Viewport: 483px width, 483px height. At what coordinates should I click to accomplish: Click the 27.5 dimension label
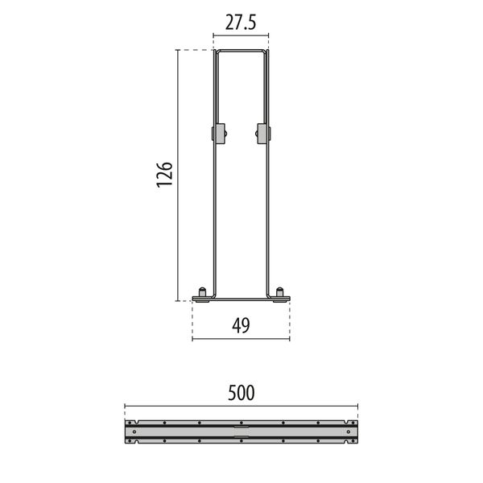coord(240,23)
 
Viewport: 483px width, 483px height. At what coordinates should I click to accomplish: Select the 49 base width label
coord(240,325)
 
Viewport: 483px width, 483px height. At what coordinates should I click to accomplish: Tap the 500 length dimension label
coord(240,393)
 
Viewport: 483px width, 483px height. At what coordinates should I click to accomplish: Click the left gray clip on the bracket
coord(218,133)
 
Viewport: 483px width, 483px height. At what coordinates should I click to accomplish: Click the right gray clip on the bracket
coord(262,133)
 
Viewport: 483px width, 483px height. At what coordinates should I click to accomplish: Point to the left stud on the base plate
coord(202,291)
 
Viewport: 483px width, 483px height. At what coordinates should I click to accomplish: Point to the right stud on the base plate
coord(279,291)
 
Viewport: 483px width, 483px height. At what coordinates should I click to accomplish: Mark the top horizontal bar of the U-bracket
coord(240,52)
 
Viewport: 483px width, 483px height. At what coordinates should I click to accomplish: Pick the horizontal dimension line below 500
coord(240,406)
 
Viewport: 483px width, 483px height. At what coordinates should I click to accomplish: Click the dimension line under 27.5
coord(240,35)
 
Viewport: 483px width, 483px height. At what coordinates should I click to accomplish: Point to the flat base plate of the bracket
coord(240,299)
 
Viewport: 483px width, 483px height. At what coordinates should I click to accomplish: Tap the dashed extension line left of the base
coord(192,320)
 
